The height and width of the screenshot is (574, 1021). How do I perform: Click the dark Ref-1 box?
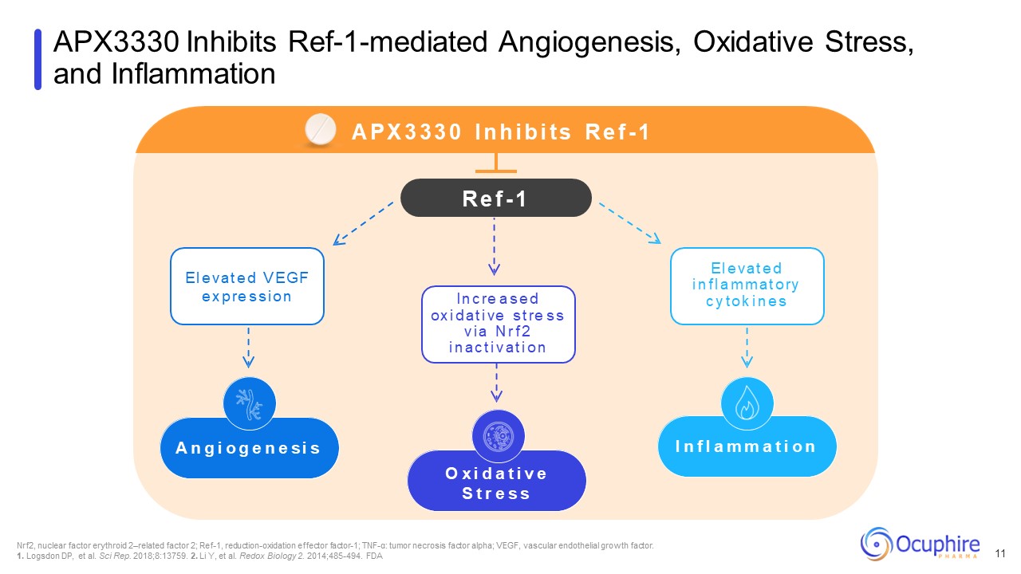(x=495, y=198)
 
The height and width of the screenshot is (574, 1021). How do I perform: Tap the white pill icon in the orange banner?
(x=322, y=130)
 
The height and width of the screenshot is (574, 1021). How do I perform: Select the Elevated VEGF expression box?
(x=247, y=286)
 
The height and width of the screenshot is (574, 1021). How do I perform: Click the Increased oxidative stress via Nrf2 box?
(x=498, y=324)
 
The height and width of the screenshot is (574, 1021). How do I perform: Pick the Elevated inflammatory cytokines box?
(x=747, y=285)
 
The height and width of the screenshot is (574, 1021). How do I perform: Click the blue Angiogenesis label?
(x=248, y=448)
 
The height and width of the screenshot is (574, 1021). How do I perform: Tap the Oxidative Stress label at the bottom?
(x=496, y=483)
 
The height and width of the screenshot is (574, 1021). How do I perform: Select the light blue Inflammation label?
(x=747, y=446)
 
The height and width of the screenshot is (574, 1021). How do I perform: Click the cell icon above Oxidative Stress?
(x=498, y=436)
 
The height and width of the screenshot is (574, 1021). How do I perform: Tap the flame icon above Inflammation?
(x=747, y=403)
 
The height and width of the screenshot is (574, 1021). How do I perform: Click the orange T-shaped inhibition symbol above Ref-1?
(x=495, y=163)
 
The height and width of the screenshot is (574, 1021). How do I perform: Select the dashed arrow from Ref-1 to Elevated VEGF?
(x=364, y=222)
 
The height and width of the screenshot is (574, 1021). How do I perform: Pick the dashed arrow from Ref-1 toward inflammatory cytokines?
(x=629, y=222)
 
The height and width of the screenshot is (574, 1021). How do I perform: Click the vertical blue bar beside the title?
(x=37, y=59)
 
